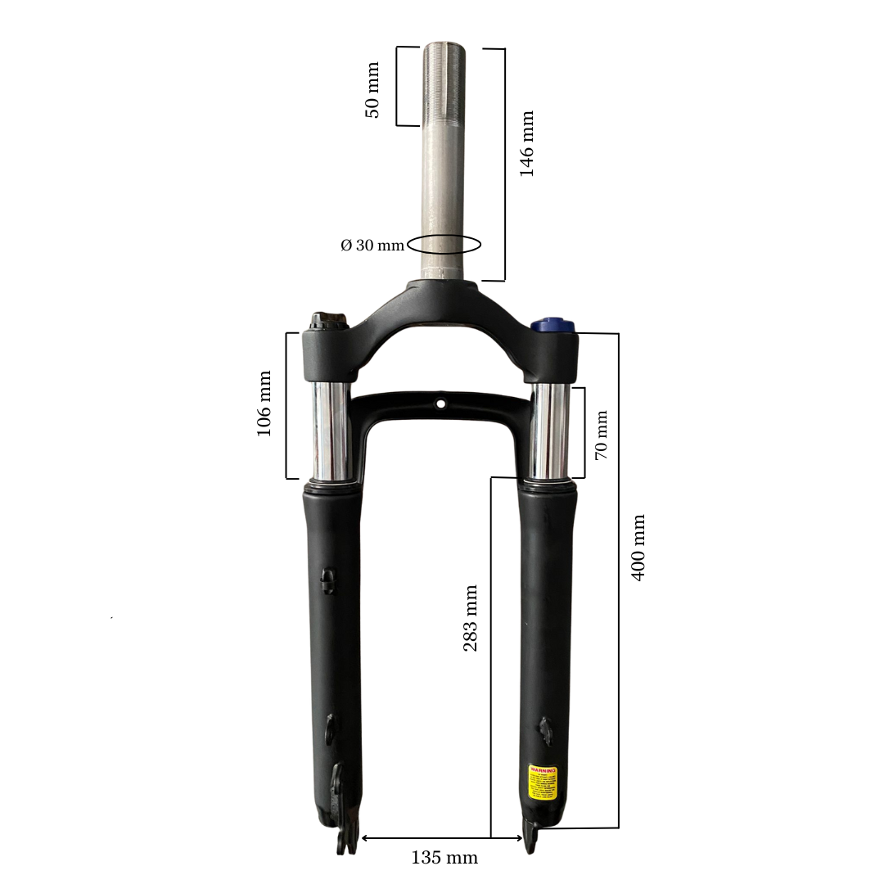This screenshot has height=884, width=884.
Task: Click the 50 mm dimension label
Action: coord(372,89)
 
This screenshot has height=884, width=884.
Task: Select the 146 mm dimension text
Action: coord(526,144)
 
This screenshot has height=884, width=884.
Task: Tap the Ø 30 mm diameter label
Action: coord(372,245)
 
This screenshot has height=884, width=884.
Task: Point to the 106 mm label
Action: coord(264,404)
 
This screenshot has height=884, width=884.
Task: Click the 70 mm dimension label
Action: coord(602,435)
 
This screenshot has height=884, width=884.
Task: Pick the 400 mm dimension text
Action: coord(638,548)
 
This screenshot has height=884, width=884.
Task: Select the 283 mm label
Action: coord(471,618)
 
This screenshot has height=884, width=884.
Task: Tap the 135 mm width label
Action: coord(444,858)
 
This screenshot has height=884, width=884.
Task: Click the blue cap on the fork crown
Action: coord(551,325)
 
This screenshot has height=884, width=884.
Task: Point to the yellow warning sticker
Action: coord(542,783)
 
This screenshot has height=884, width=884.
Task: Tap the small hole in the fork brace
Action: coord(441,404)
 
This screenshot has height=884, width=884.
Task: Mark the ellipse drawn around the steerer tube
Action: coord(444,244)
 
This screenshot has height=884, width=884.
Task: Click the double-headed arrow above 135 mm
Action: coord(442,838)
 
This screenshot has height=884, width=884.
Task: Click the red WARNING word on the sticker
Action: coord(542,770)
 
